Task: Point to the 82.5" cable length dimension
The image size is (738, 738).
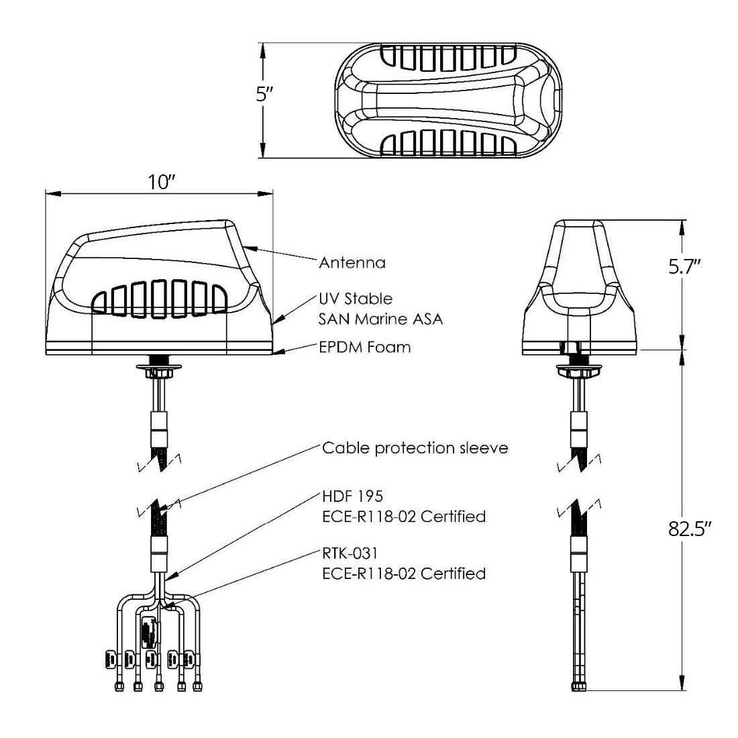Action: point(690,529)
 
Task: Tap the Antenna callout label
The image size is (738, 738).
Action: point(352,262)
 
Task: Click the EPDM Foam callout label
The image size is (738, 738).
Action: point(364,347)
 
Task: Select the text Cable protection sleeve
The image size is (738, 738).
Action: point(415,447)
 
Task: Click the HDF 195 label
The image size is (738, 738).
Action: point(353,496)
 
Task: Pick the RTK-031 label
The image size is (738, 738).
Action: point(350,553)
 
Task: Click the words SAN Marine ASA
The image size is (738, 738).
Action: point(380,319)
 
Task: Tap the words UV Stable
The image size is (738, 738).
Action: point(356,298)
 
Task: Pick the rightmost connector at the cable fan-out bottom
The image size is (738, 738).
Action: point(197,686)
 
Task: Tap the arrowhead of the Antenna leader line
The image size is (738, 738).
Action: point(247,248)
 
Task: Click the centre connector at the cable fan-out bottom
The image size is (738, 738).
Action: point(158,686)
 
